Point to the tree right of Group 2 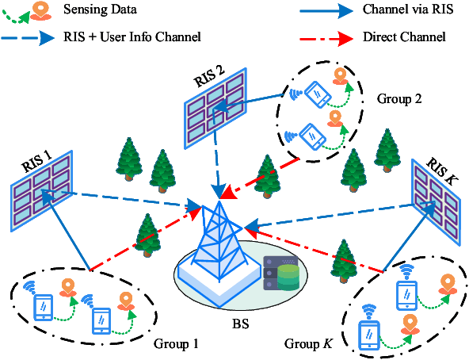(x=387, y=147)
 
